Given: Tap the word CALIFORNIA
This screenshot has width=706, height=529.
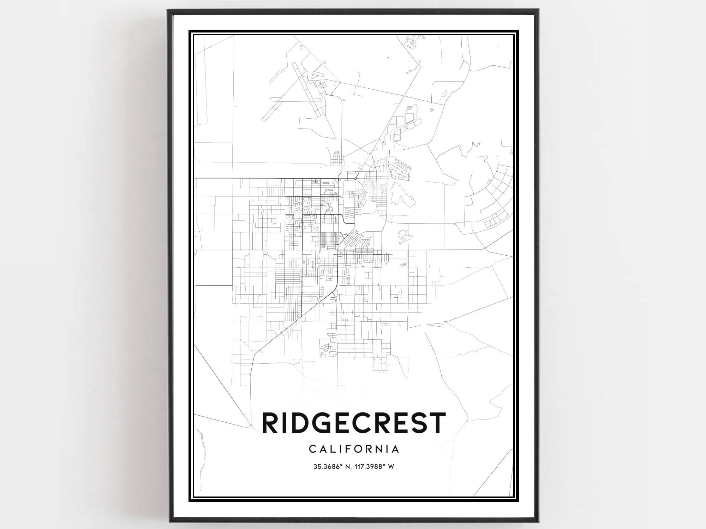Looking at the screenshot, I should [x=354, y=449].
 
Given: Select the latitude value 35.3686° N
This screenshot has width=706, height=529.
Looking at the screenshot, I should [x=333, y=466].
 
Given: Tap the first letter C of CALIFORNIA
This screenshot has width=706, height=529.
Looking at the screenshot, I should [x=312, y=449].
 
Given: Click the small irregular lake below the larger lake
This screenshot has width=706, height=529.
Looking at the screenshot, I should [x=403, y=236].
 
